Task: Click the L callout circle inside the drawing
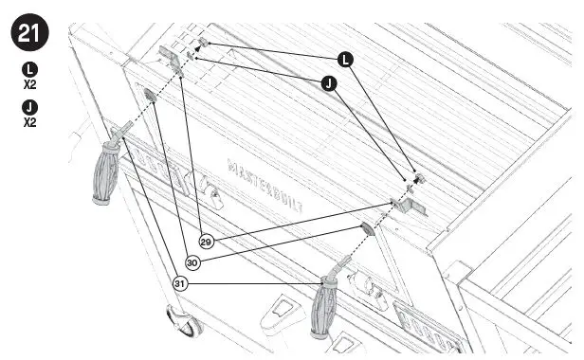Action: [346, 59]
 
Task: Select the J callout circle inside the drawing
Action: [328, 84]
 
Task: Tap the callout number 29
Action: [206, 241]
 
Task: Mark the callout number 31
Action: [179, 282]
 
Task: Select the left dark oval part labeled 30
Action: [149, 93]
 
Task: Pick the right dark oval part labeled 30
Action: [366, 227]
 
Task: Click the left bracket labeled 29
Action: [172, 56]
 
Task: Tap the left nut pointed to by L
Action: [204, 44]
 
